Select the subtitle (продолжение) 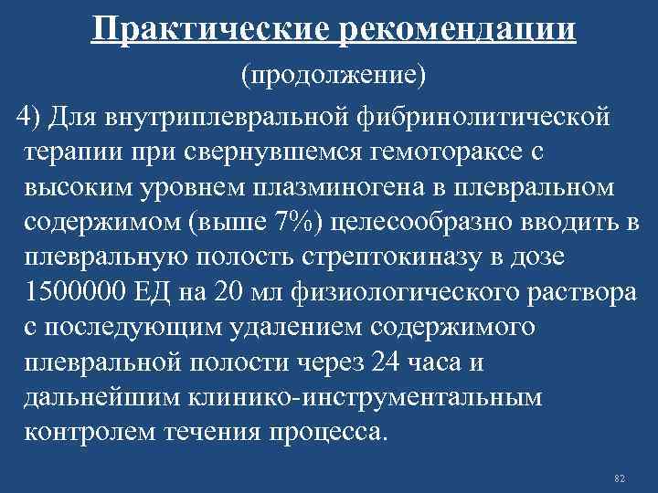334,76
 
